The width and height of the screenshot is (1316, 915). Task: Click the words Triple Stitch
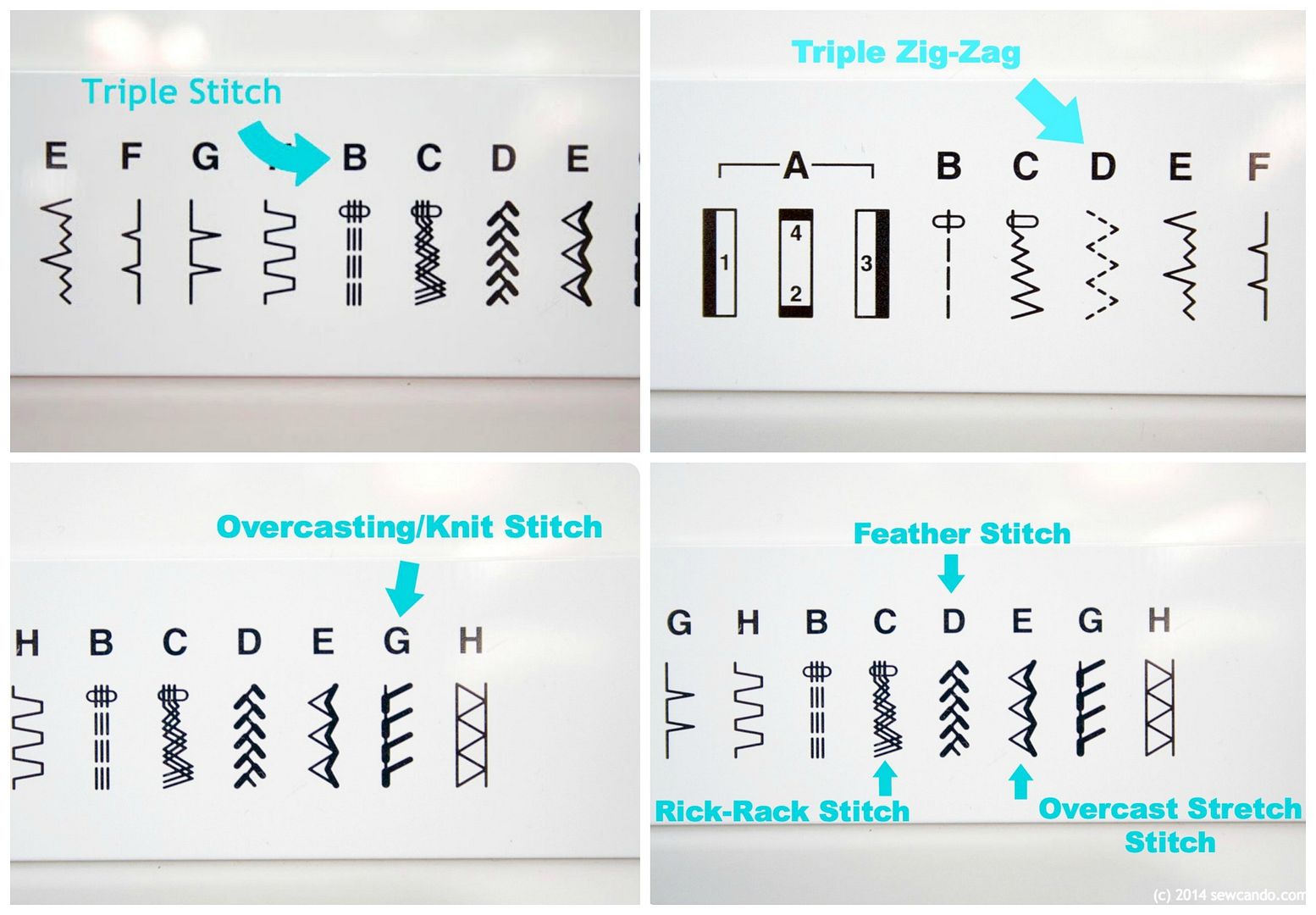pyautogui.click(x=181, y=92)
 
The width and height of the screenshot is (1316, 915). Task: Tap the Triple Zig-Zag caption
pyautogui.click(x=905, y=53)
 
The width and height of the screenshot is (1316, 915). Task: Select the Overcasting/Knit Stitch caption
pyautogui.click(x=410, y=527)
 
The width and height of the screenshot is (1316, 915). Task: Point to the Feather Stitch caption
pyautogui.click(x=962, y=534)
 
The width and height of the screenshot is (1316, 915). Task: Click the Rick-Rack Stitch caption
pyautogui.click(x=782, y=811)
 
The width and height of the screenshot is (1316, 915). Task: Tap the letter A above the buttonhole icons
pyautogui.click(x=796, y=166)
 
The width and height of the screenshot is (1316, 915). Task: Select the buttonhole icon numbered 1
pyautogui.click(x=720, y=263)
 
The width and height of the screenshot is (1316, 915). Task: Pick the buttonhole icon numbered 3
pyautogui.click(x=872, y=263)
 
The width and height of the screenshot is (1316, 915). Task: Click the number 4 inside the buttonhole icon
pyautogui.click(x=796, y=233)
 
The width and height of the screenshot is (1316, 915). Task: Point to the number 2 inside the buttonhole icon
pyautogui.click(x=796, y=293)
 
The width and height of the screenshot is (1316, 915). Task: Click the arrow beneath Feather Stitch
pyautogui.click(x=950, y=573)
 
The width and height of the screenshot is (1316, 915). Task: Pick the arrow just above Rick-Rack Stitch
pyautogui.click(x=885, y=779)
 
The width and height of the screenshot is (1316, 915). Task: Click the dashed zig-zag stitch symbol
pyautogui.click(x=1102, y=264)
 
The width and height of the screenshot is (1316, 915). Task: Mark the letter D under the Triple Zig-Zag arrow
pyautogui.click(x=1103, y=166)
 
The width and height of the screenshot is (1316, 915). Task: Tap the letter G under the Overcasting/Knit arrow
pyautogui.click(x=396, y=640)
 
